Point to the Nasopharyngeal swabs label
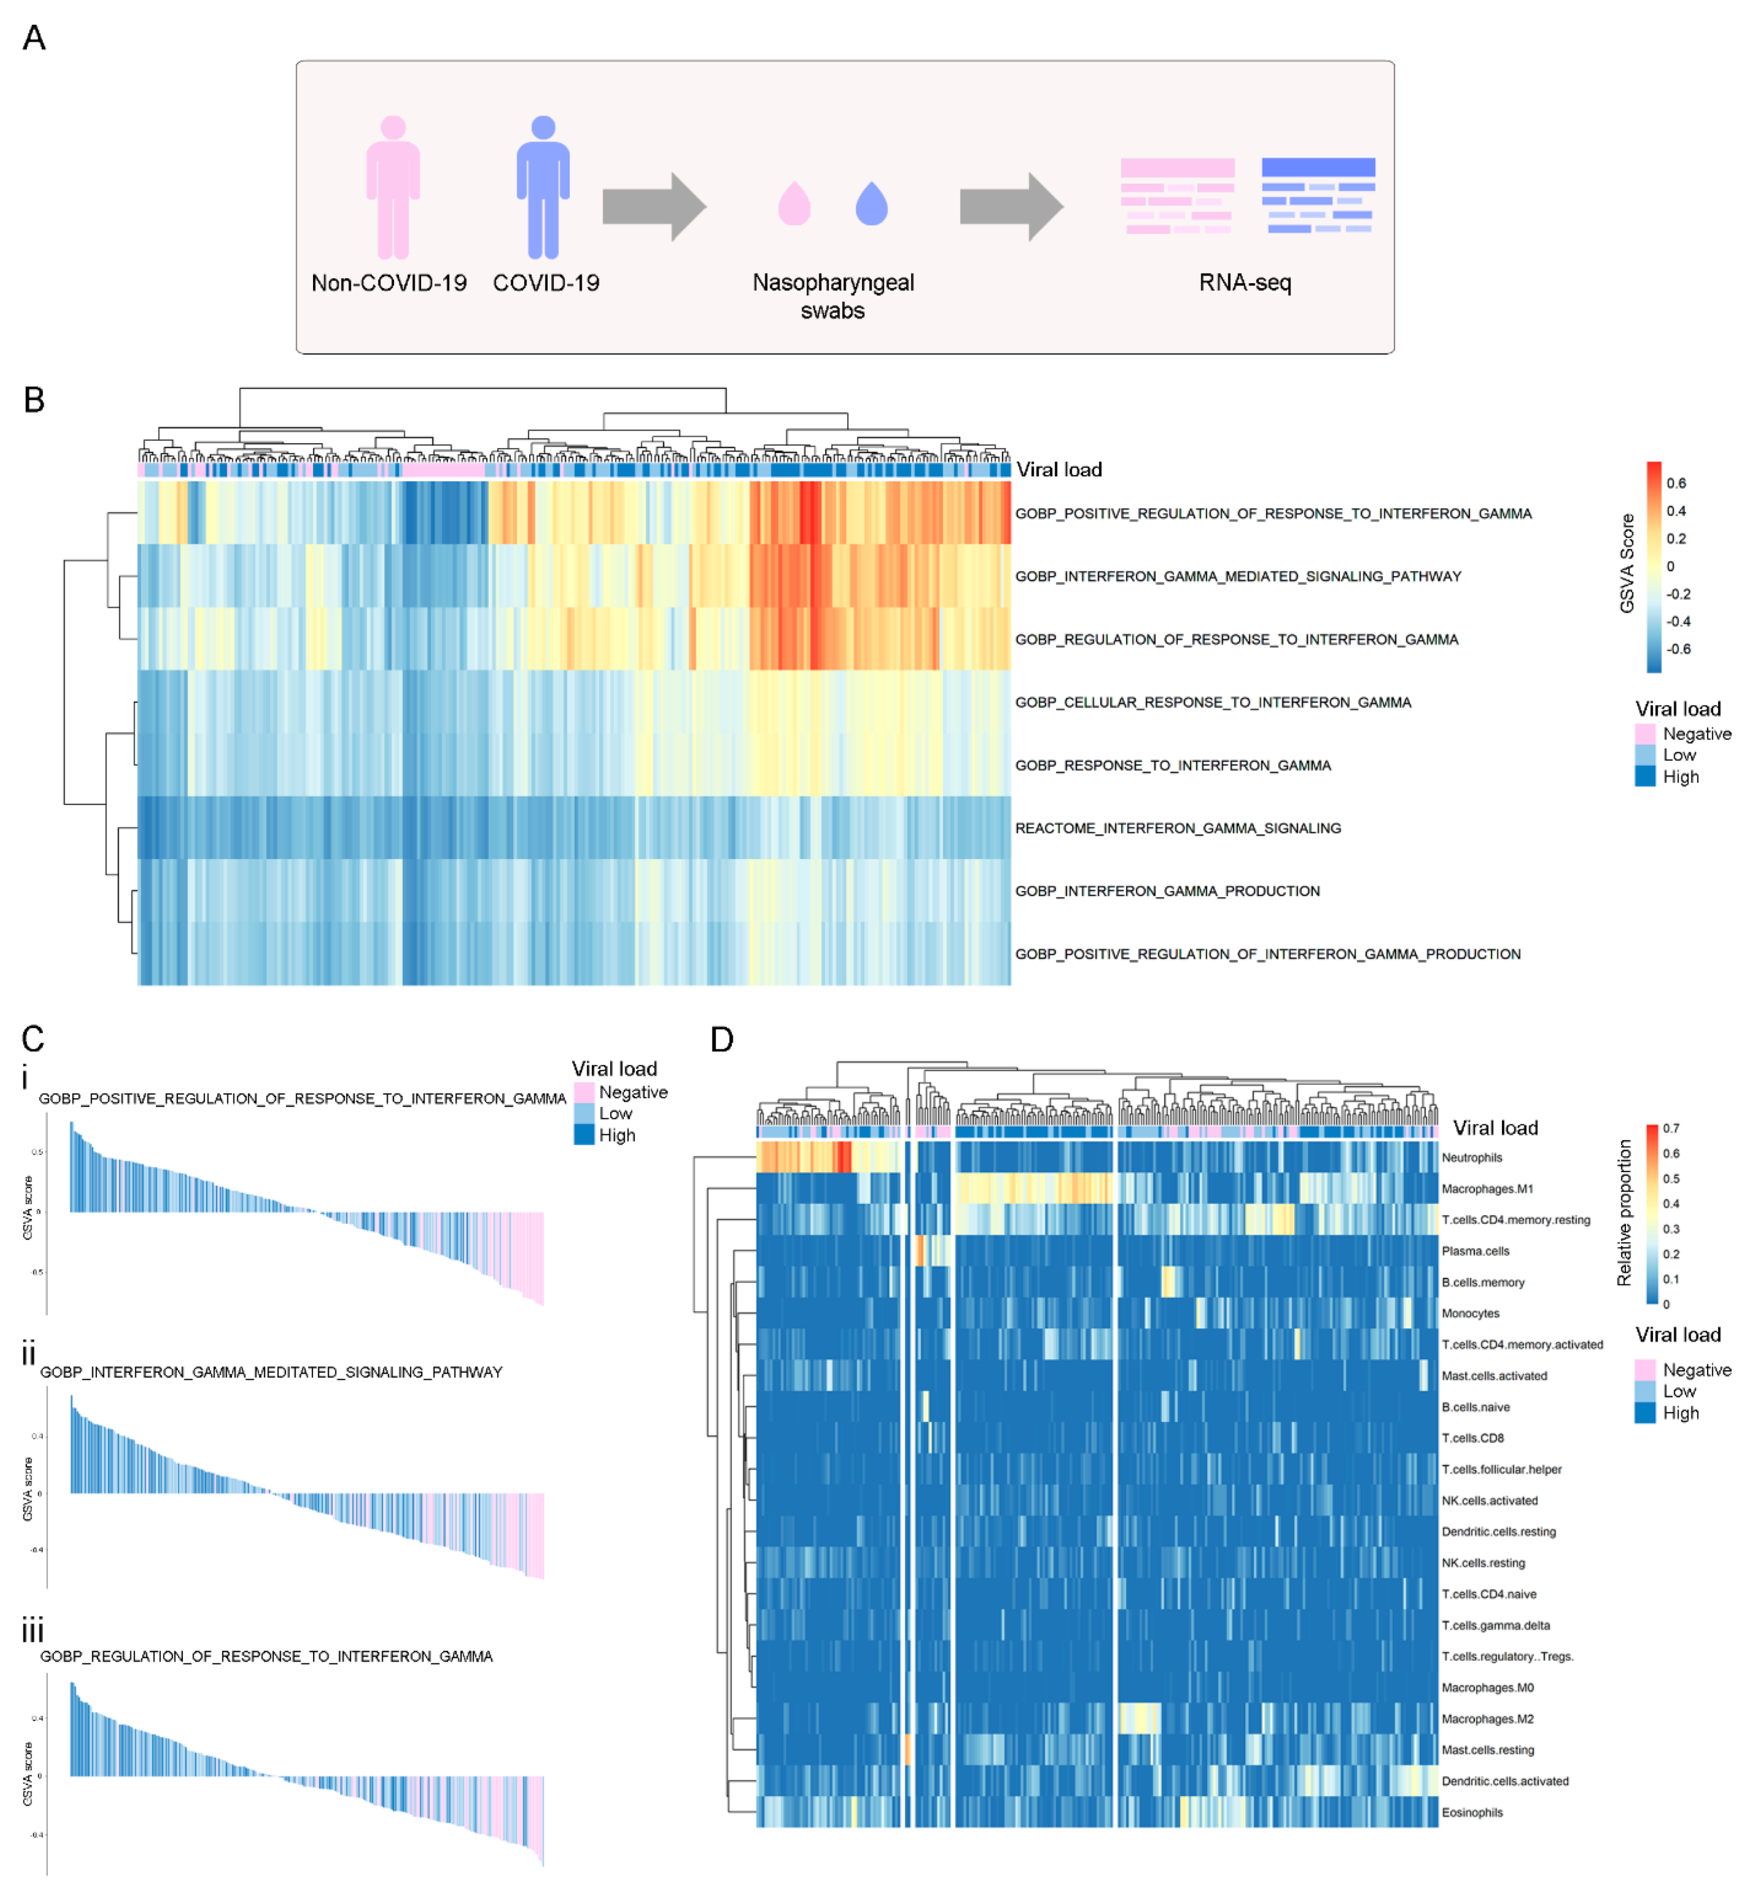pos(833,296)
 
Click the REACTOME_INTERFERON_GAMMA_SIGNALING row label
pos(1178,829)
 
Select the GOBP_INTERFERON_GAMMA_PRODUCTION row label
pos(1167,891)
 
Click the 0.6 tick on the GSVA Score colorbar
pos(1676,484)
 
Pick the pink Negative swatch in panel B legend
pos(1645,733)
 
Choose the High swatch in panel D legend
pos(1645,1413)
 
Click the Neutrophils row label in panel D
pos(1472,1157)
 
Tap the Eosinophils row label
pos(1472,1812)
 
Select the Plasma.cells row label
pos(1475,1251)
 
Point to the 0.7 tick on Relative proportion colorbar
pos(1670,1129)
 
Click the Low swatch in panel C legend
pos(584,1113)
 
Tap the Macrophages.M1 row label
pos(1486,1188)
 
